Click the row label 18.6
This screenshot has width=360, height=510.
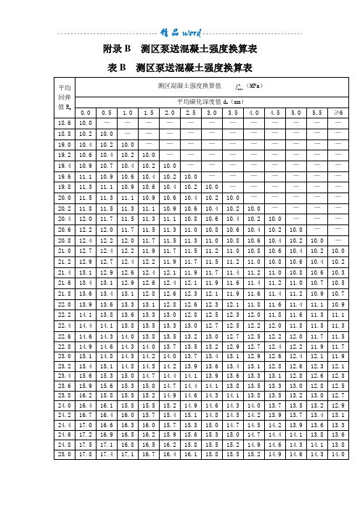pos(65,123)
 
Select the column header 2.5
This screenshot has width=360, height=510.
pos(191,113)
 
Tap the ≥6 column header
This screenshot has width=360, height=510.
pos(338,113)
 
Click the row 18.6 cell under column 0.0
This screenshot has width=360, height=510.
pos(85,123)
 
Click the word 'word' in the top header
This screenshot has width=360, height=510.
pos(192,32)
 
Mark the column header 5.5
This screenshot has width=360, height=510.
pos(317,113)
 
